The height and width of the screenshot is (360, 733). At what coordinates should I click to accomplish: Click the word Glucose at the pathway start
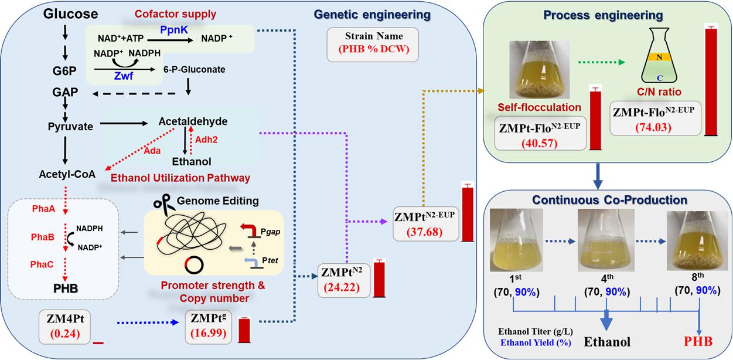(x=70, y=13)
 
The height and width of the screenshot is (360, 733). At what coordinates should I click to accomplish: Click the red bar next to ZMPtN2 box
(x=379, y=277)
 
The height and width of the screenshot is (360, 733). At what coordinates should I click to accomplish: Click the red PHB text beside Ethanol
(x=698, y=342)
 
